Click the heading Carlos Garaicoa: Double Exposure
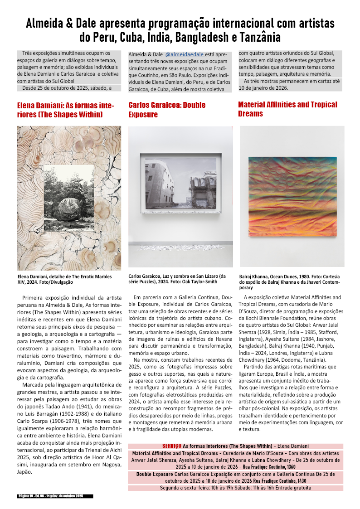167,110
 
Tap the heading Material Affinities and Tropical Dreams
287,109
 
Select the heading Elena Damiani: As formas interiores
65,110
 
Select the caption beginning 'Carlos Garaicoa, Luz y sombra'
177,279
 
